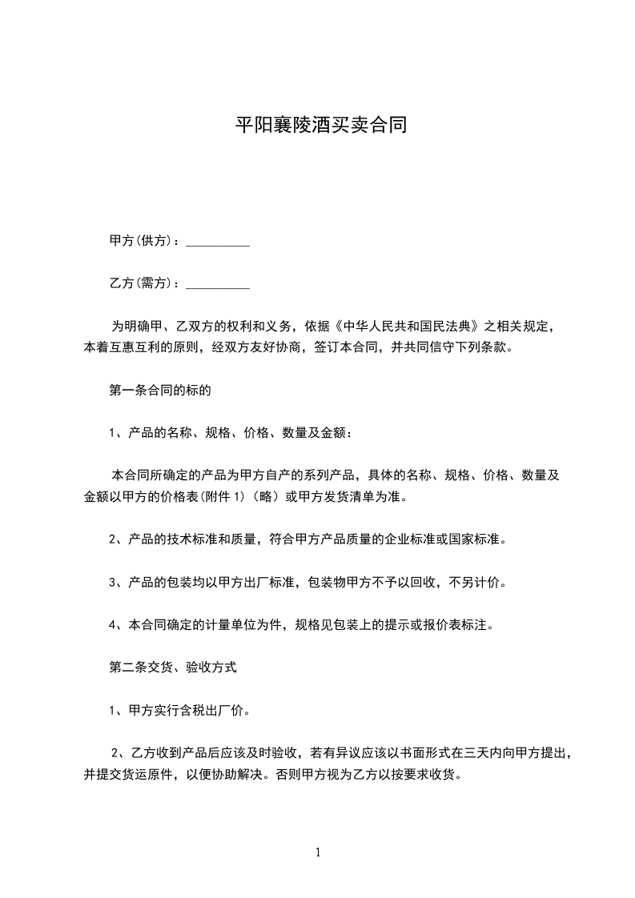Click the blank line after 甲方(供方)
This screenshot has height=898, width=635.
click(x=218, y=242)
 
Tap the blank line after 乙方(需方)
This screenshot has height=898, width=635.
click(x=218, y=284)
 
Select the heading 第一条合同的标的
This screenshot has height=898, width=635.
click(x=159, y=391)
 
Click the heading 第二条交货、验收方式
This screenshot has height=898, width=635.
click(x=172, y=666)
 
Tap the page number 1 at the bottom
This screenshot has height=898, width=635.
click(x=318, y=852)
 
